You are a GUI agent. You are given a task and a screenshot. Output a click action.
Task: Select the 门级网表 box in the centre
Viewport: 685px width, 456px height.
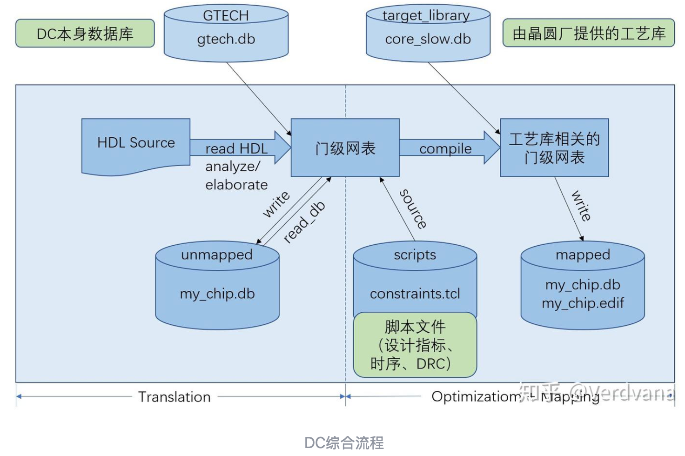tap(345, 148)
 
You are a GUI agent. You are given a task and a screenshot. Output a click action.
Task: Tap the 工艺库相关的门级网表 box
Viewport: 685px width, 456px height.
tap(554, 148)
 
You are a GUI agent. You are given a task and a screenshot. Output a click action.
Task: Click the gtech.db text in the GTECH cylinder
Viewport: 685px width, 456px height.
tap(226, 39)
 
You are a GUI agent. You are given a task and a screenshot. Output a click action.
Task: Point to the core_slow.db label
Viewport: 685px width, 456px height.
tap(428, 39)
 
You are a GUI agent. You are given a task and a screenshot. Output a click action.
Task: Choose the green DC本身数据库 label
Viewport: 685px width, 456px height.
tap(85, 34)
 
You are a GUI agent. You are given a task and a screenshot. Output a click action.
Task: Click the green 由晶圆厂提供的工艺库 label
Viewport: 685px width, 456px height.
tap(588, 34)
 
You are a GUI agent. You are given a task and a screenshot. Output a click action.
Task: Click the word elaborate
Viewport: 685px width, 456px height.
tap(236, 185)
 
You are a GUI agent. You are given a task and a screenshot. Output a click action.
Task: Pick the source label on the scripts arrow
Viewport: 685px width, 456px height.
tap(413, 208)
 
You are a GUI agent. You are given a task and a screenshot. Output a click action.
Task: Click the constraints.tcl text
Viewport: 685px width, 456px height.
tap(415, 294)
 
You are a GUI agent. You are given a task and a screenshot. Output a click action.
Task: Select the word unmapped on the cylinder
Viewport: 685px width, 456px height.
tap(217, 255)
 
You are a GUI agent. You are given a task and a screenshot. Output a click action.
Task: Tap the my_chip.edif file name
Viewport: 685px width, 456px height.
tap(582, 303)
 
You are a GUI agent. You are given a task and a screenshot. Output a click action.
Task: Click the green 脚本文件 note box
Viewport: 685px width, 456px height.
tap(415, 345)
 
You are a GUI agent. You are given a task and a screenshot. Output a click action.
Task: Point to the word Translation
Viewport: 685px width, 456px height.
tap(175, 397)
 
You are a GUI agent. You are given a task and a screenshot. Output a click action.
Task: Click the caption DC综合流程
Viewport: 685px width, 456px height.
tap(344, 443)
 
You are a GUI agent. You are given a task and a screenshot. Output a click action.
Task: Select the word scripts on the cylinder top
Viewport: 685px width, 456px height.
tap(415, 255)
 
